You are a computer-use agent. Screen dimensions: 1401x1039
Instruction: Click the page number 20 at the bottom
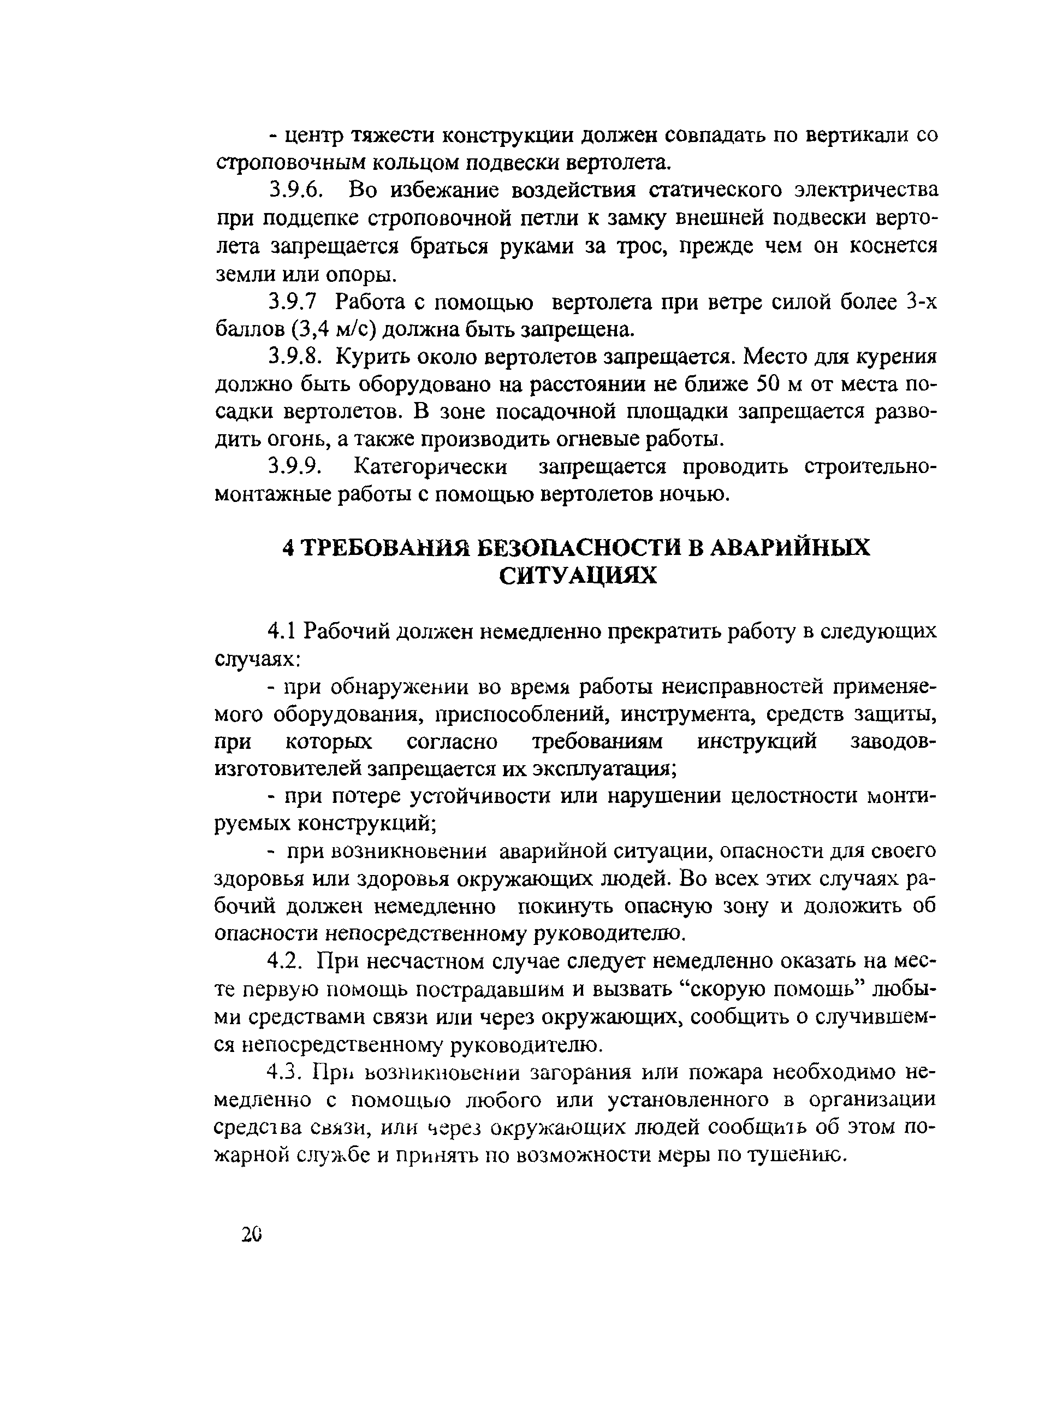coord(250,1235)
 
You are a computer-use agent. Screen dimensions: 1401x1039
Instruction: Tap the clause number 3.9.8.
coord(295,357)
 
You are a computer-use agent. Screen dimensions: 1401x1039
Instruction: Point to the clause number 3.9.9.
coord(295,467)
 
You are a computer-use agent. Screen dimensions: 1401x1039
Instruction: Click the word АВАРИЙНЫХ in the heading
coord(791,548)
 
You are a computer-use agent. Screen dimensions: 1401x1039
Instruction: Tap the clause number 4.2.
coord(286,961)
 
